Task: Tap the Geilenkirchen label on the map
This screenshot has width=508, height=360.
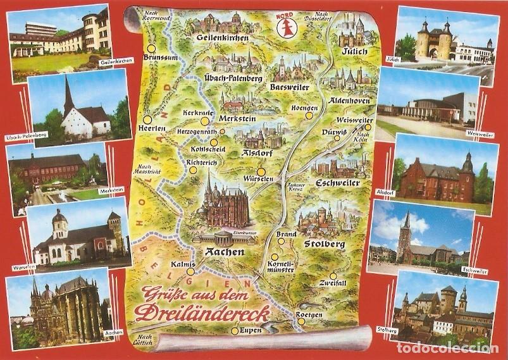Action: click(221, 38)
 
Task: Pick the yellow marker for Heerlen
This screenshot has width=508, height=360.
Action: click(147, 118)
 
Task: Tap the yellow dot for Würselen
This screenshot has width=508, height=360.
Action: click(261, 171)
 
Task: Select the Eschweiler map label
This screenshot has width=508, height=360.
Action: click(336, 183)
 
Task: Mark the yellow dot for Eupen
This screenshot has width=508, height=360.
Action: click(235, 330)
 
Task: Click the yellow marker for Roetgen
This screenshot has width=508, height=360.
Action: click(302, 321)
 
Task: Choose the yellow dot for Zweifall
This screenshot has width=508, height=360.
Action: click(333, 275)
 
